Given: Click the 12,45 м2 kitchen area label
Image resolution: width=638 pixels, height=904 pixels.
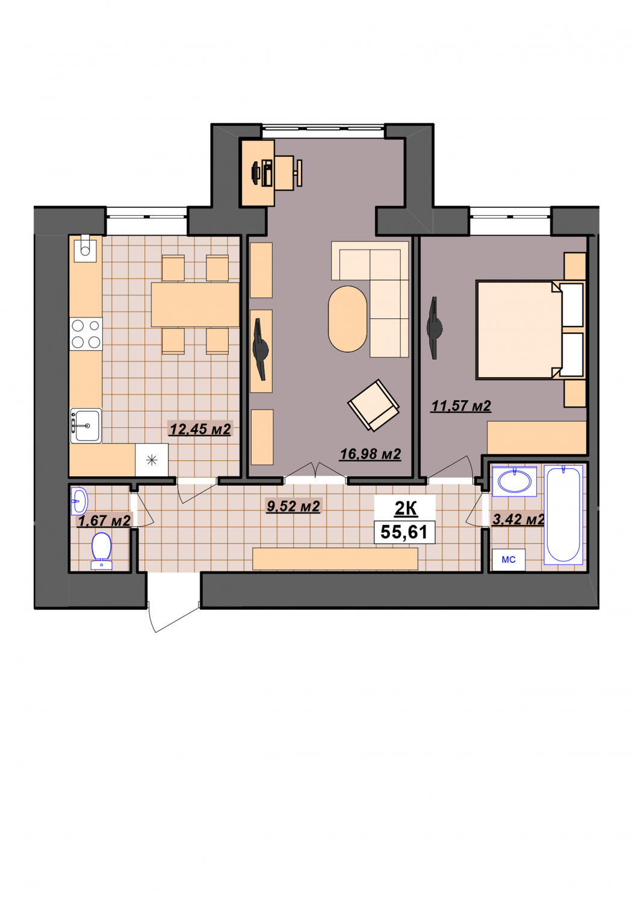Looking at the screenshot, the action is pyautogui.click(x=200, y=429).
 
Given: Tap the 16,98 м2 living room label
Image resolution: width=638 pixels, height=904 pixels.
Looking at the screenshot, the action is pyautogui.click(x=370, y=454).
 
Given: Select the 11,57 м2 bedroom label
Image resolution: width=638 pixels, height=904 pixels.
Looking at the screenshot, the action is pyautogui.click(x=461, y=406).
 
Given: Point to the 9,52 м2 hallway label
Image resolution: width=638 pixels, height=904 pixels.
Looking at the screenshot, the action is pyautogui.click(x=293, y=506).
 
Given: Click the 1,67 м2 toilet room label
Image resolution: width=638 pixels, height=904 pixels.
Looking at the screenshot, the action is pyautogui.click(x=104, y=521).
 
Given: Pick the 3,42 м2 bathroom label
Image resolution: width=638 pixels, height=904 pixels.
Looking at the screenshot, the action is pyautogui.click(x=518, y=519).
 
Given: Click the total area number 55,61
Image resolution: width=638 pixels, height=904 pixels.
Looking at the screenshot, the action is pyautogui.click(x=404, y=532).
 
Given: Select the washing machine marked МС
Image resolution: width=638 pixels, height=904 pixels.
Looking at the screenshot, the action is pyautogui.click(x=508, y=560).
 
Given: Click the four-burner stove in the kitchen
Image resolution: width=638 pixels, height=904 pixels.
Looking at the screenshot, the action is pyautogui.click(x=86, y=334).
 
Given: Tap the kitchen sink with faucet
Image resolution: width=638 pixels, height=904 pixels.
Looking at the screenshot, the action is pyautogui.click(x=86, y=425).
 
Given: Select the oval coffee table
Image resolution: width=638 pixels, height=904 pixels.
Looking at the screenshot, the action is pyautogui.click(x=347, y=319).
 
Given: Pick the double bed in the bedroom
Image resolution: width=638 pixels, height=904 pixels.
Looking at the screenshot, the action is pyautogui.click(x=530, y=330).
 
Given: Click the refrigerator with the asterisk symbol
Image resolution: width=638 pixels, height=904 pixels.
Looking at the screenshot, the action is pyautogui.click(x=152, y=460).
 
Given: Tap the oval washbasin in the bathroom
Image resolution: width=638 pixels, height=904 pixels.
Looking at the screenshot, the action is pyautogui.click(x=514, y=481).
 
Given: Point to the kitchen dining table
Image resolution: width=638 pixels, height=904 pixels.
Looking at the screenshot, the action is pyautogui.click(x=195, y=305).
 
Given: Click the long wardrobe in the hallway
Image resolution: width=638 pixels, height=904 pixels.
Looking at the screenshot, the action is pyautogui.click(x=335, y=559).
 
